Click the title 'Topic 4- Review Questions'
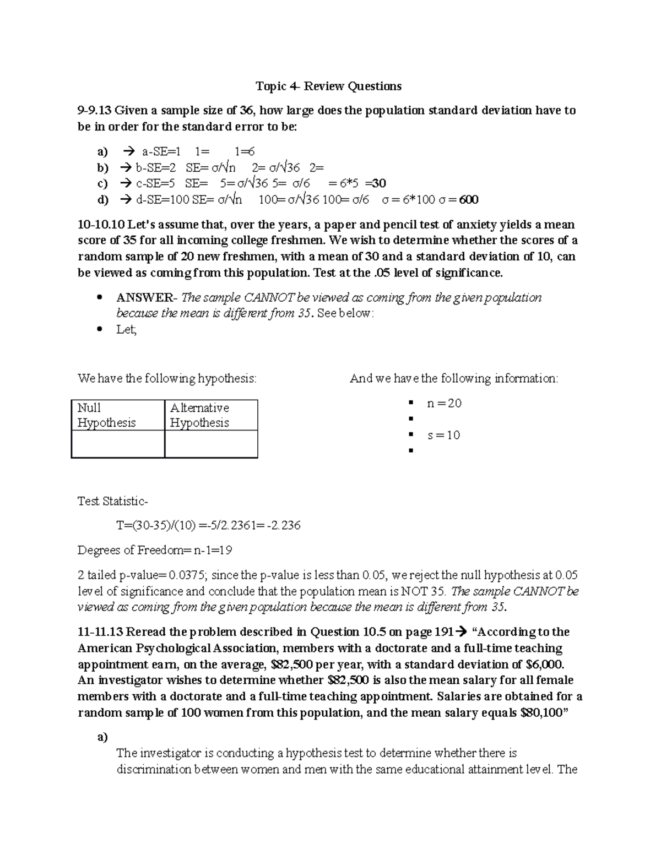[x=328, y=86]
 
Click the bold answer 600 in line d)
[x=469, y=199]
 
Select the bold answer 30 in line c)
[x=379, y=183]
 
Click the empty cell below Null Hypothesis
[x=117, y=444]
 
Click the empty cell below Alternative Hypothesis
[x=211, y=444]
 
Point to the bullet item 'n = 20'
[x=444, y=404]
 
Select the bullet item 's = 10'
[x=443, y=435]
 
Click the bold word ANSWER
[x=144, y=298]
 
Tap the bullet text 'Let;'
[x=126, y=330]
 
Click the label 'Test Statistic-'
[x=112, y=502]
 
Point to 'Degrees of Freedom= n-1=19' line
[x=155, y=550]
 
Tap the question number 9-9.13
[x=94, y=111]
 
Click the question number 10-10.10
[x=102, y=225]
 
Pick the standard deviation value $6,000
[x=545, y=665]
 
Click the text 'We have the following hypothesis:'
[x=167, y=379]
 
